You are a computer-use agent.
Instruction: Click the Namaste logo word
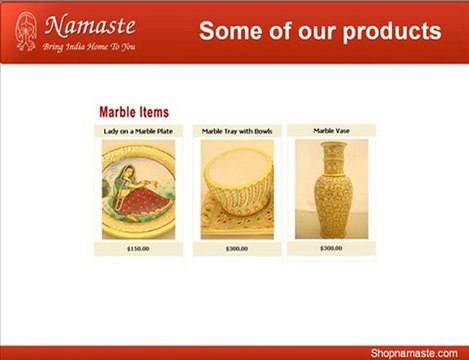(89, 24)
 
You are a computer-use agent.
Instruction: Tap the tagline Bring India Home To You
(88, 46)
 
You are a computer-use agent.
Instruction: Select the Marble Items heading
(134, 112)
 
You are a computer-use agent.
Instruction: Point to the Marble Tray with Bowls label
(237, 130)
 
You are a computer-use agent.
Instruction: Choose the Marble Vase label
(330, 130)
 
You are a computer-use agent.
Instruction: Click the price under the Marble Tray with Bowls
(237, 248)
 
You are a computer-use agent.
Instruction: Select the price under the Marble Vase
(330, 248)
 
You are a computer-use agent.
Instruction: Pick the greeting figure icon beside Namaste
(28, 31)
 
